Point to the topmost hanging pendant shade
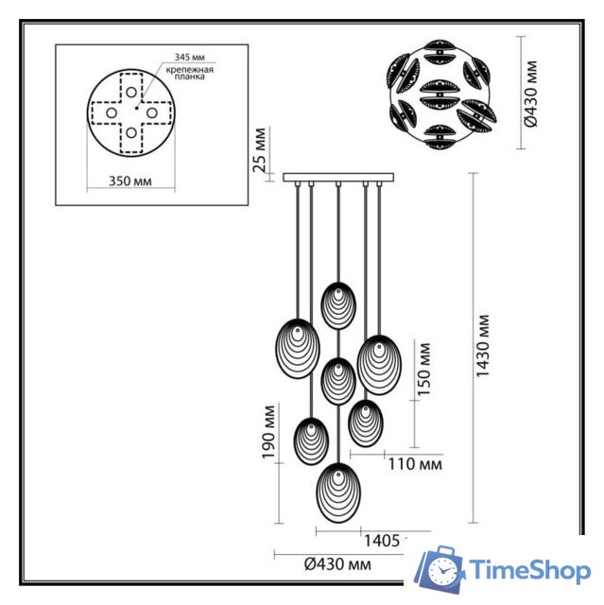point(337,304)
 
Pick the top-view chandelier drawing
point(440,93)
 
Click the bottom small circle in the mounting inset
point(130,132)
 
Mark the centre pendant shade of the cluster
point(337,380)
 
